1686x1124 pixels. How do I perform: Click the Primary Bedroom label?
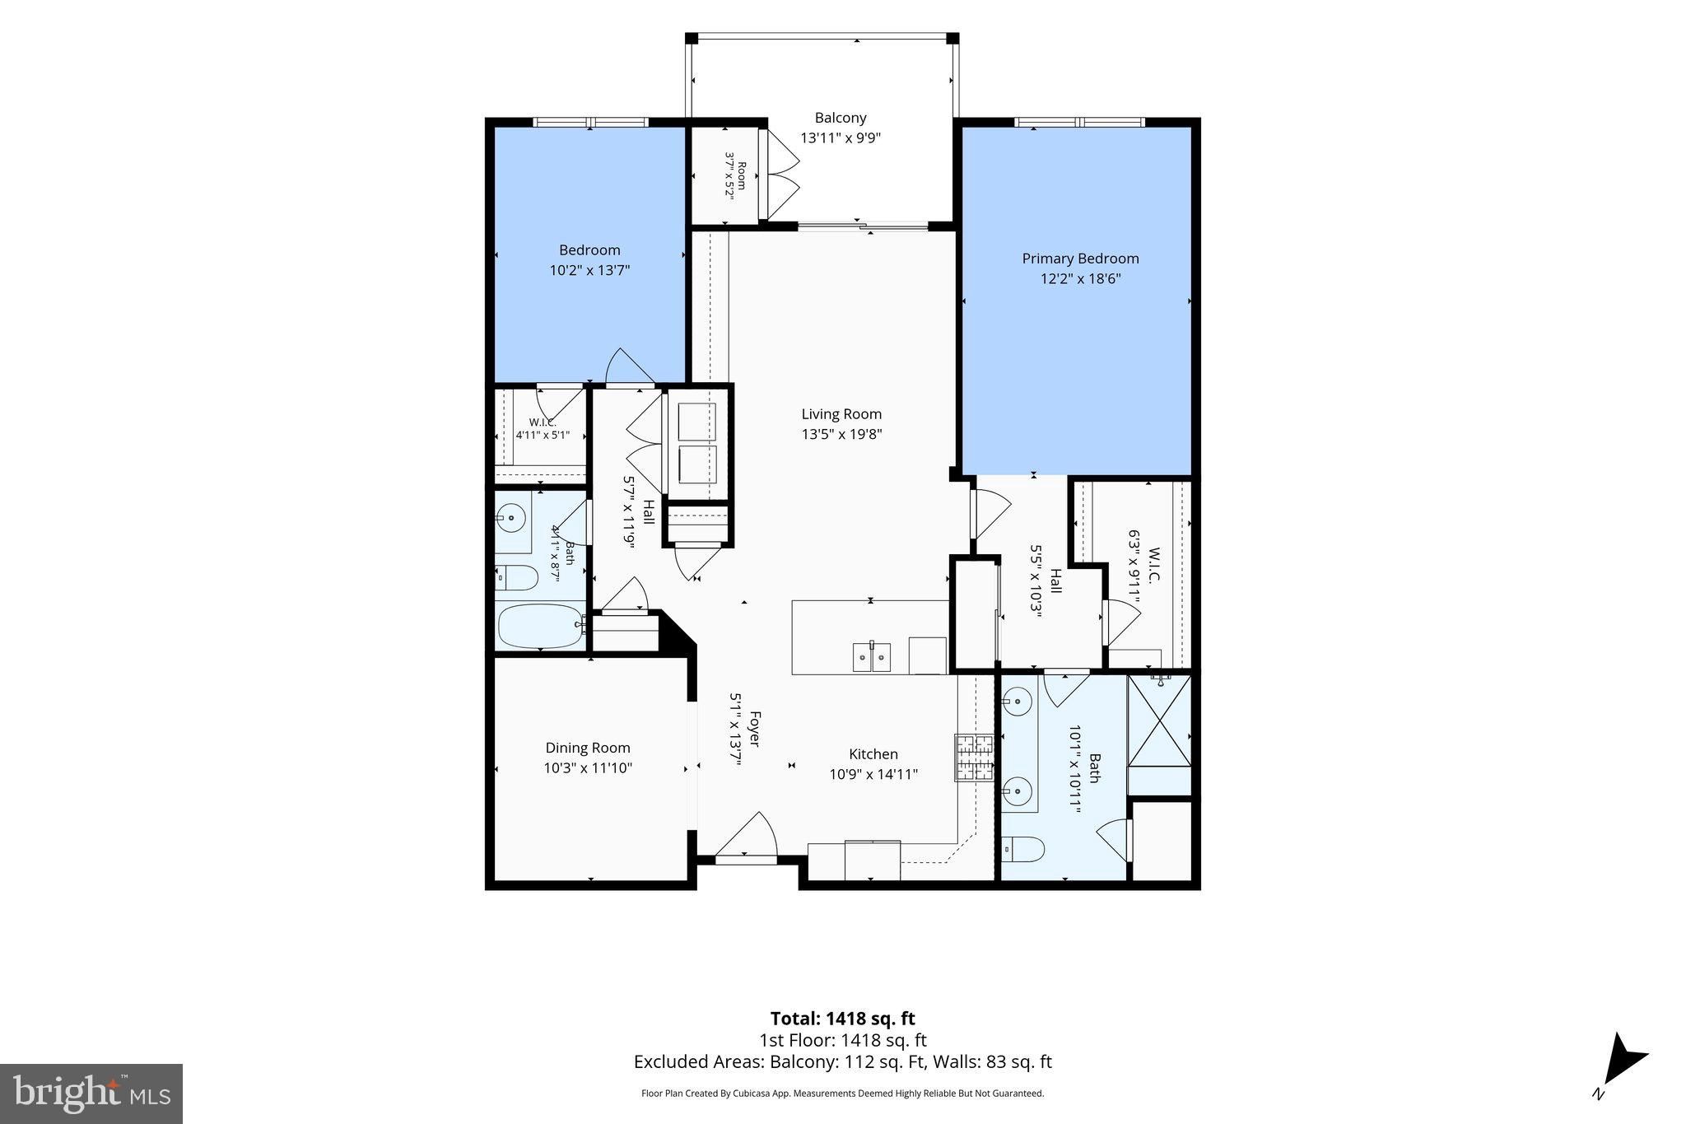point(1080,259)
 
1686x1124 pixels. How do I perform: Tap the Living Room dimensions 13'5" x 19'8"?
point(841,434)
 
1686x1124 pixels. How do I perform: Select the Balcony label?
point(841,118)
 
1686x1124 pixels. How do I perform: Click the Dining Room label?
point(588,748)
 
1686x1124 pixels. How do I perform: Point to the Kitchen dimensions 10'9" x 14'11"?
point(873,774)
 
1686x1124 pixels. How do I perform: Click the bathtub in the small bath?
point(540,627)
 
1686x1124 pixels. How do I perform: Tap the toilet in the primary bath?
point(1022,847)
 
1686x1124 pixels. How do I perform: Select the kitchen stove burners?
point(975,757)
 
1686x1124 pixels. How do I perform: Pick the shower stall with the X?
point(1158,721)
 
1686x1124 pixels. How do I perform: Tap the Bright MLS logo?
point(91,1094)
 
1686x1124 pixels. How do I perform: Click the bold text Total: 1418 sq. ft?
point(842,1019)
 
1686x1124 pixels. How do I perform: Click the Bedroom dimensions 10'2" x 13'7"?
point(590,269)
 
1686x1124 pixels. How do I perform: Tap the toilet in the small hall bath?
point(517,578)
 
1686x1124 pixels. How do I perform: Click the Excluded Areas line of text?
point(842,1061)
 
